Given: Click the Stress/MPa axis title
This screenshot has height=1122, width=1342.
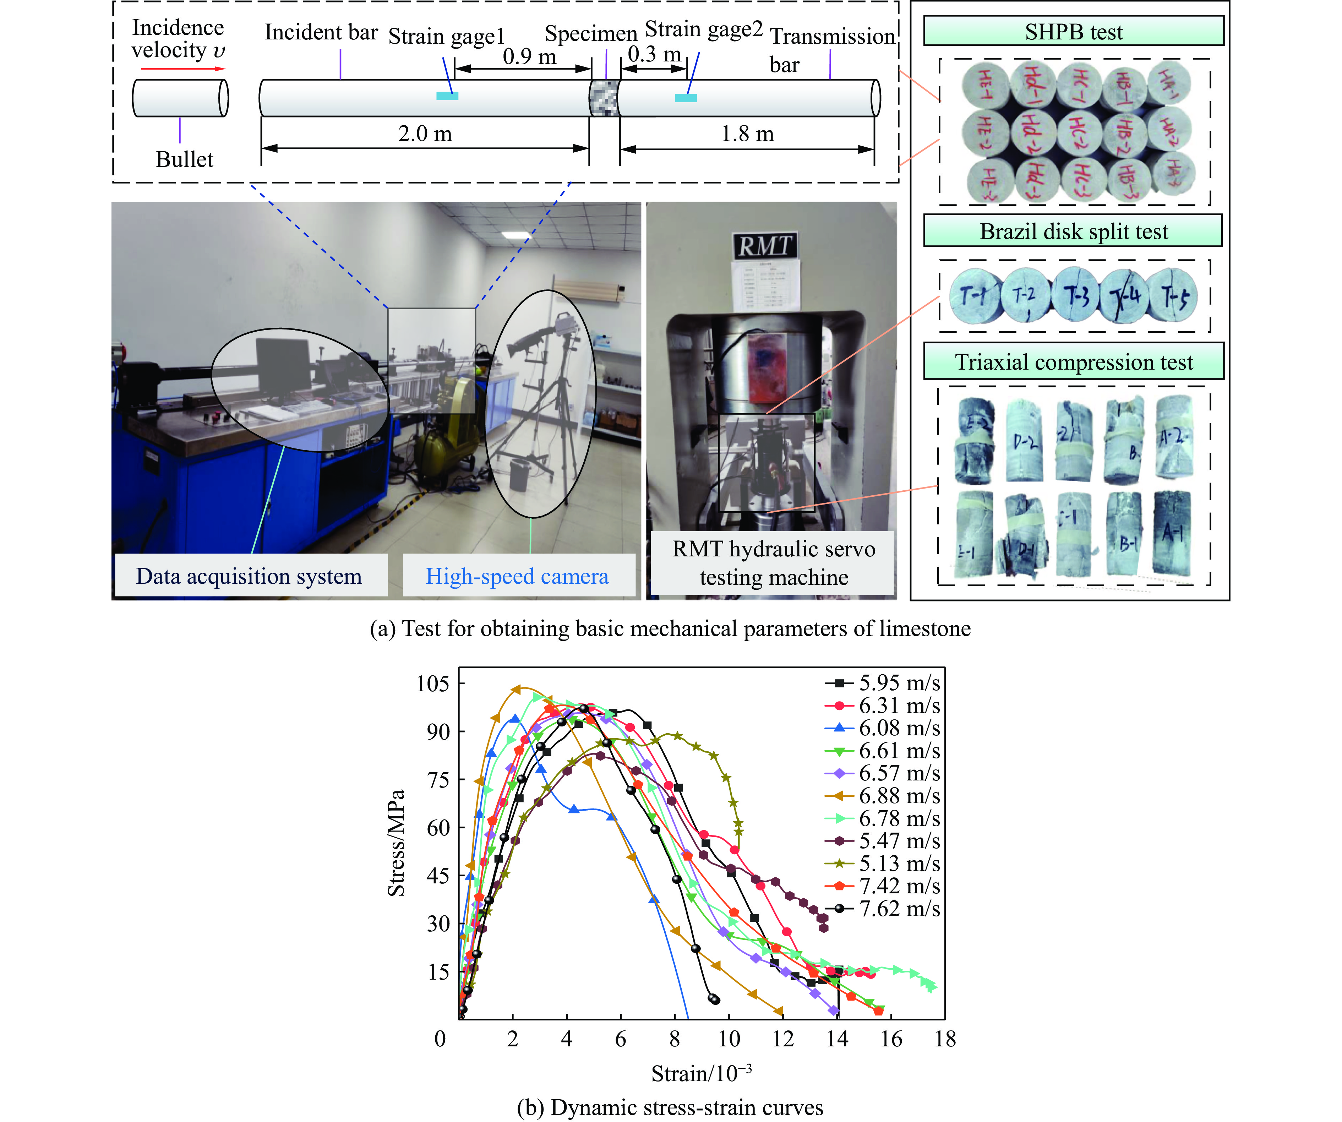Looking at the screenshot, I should click(396, 843).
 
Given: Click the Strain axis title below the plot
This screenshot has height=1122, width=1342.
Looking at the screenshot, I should click(701, 1073).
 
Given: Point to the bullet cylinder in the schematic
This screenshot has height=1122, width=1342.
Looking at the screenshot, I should click(180, 98).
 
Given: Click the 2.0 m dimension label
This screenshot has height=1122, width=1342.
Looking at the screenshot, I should click(425, 134).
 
